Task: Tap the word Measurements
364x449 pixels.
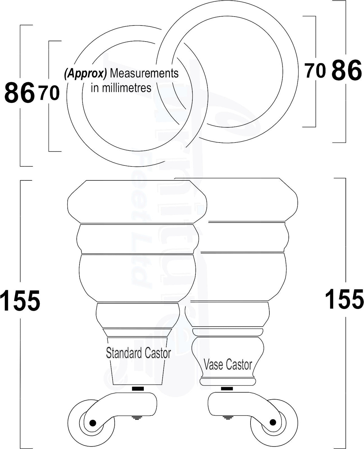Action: (x=144, y=73)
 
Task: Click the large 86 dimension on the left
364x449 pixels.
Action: (x=19, y=92)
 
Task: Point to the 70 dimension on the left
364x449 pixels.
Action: (x=49, y=93)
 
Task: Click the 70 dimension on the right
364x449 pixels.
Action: (x=315, y=71)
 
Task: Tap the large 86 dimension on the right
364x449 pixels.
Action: (x=347, y=70)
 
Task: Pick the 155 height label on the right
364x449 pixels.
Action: (x=344, y=299)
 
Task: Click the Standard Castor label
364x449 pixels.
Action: (x=138, y=353)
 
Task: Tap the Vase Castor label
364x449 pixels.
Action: (x=228, y=365)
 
